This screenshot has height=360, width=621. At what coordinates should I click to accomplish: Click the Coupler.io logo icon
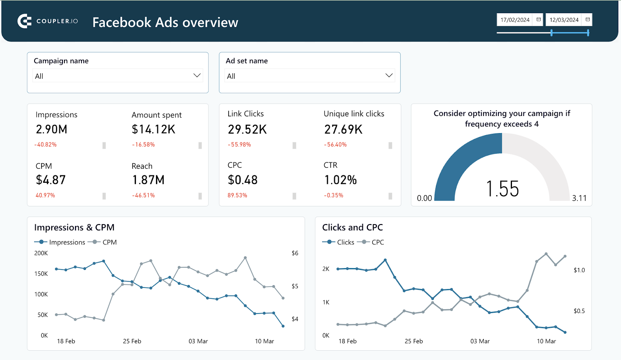click(24, 21)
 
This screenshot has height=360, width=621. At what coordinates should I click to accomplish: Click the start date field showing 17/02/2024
click(515, 20)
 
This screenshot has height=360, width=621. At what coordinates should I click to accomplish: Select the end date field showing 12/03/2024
click(564, 20)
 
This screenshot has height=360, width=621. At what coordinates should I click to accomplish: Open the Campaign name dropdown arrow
click(197, 75)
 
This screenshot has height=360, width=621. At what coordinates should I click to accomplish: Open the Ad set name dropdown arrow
click(389, 75)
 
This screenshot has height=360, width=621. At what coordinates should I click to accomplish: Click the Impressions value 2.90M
click(52, 129)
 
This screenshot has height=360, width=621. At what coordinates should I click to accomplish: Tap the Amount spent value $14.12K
click(154, 129)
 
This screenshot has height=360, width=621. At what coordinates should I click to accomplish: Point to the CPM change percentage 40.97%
click(45, 196)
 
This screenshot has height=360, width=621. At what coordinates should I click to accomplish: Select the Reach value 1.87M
click(148, 180)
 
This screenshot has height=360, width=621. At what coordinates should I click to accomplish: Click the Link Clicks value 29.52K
click(247, 129)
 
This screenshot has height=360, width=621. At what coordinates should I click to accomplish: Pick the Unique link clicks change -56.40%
click(335, 145)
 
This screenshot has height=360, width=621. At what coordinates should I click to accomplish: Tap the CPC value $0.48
click(243, 180)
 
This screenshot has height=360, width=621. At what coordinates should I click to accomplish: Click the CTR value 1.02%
click(340, 180)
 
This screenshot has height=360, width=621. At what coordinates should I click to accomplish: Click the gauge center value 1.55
click(502, 189)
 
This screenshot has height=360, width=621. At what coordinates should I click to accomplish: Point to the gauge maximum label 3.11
click(579, 198)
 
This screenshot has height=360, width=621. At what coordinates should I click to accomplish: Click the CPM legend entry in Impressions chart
click(109, 242)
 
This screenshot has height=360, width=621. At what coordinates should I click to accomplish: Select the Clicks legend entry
click(345, 242)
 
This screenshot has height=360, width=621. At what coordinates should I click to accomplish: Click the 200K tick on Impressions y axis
click(41, 253)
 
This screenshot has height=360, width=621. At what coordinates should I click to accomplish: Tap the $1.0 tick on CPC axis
click(579, 270)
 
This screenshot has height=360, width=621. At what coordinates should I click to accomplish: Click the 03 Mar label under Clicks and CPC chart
click(480, 341)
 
